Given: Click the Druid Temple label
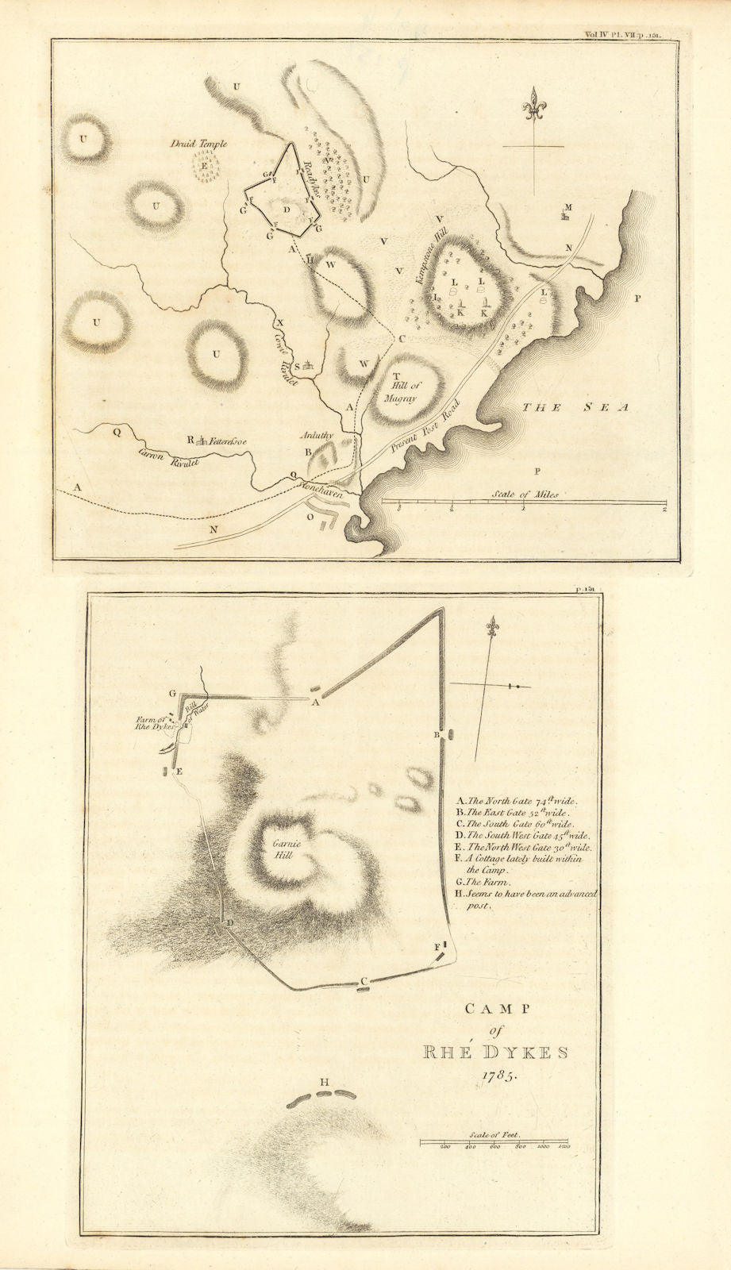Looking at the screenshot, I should [202, 144].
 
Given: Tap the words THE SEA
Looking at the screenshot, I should [575, 407].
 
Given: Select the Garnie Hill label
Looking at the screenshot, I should [280, 850].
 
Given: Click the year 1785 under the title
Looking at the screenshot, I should [496, 1077].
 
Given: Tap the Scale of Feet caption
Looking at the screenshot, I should [495, 1137].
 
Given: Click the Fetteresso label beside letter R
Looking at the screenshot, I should [228, 439].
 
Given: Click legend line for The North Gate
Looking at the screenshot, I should [516, 801].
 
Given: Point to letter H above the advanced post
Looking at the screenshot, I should [324, 1082].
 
